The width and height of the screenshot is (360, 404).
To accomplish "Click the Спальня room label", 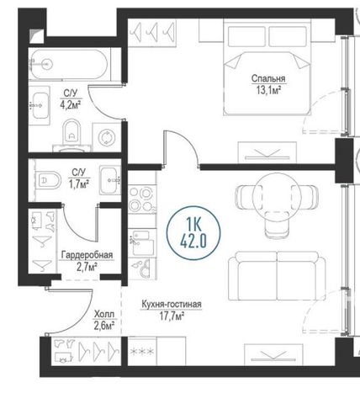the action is click(x=268, y=78).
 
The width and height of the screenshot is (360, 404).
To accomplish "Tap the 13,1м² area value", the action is click(x=268, y=90).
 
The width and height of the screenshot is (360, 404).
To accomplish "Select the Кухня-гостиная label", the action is click(x=172, y=304).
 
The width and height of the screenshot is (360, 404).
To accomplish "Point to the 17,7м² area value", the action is click(x=172, y=316).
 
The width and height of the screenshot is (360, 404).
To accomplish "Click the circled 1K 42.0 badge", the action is click(x=193, y=233).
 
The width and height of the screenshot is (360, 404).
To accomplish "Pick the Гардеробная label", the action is click(x=87, y=255).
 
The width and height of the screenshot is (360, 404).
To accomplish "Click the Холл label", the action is click(x=104, y=313).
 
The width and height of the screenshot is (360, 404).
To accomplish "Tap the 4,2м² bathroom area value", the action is click(x=71, y=104).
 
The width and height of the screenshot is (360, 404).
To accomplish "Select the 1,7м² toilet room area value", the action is click(x=79, y=183).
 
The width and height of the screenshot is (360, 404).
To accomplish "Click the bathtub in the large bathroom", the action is click(x=68, y=64).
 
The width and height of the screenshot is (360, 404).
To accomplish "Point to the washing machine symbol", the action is click(x=107, y=137).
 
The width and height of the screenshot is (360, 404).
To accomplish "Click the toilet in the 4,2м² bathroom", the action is click(x=71, y=136).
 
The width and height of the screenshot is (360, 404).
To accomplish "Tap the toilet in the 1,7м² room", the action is click(x=49, y=180).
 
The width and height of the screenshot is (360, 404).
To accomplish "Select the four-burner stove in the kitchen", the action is click(x=142, y=199).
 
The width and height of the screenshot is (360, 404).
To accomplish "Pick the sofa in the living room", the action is click(x=277, y=276).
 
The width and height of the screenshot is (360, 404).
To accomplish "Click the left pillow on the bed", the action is click(x=246, y=36).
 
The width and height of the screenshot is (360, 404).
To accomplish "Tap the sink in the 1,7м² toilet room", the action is click(x=110, y=180).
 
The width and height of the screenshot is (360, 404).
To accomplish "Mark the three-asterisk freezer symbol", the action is click(x=142, y=351).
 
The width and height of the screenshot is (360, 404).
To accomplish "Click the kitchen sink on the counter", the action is click(x=142, y=243).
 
